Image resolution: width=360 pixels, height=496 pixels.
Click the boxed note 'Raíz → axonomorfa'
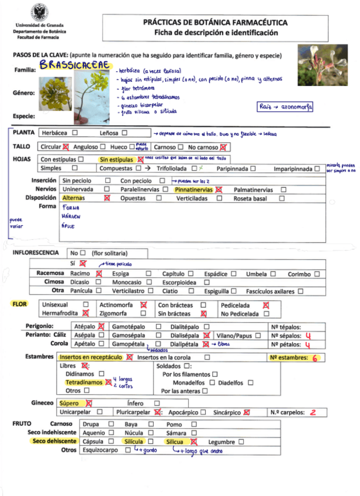[x=285, y=106]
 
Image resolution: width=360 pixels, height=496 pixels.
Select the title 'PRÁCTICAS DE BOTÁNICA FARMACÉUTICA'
[x=215, y=22]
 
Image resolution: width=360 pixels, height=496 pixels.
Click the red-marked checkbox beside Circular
[x=66, y=147]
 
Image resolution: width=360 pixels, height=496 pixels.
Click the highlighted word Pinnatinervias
[x=194, y=190]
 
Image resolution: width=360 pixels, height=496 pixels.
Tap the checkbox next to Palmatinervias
[x=283, y=190]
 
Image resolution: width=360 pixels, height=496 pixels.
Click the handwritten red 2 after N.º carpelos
[x=313, y=412]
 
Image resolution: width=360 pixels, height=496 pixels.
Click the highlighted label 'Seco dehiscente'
[x=54, y=442]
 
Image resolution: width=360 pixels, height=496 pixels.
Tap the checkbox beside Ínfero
[x=156, y=403]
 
